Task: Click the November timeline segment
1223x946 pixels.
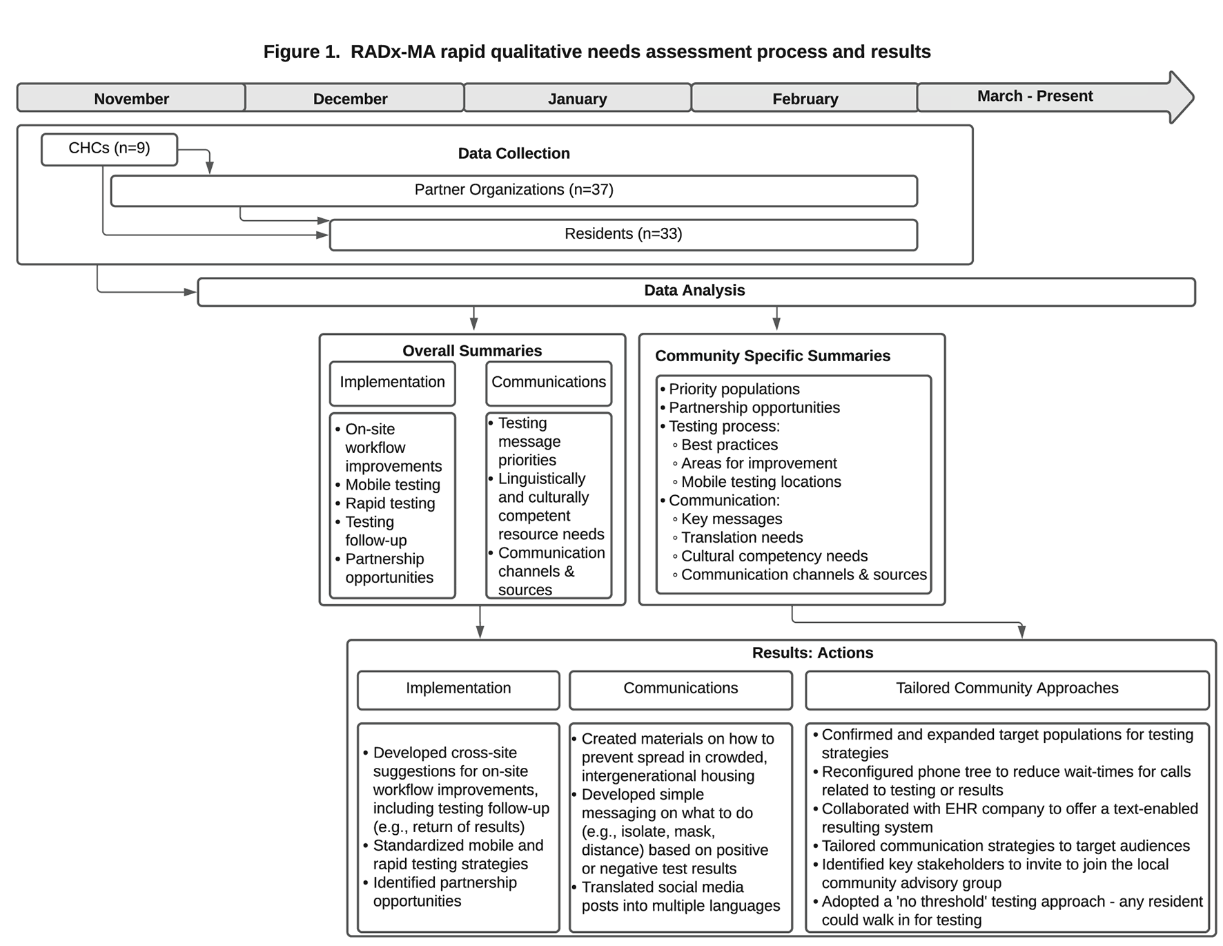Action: tap(131, 98)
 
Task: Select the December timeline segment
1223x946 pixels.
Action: tap(350, 98)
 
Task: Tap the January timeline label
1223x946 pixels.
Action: tap(577, 98)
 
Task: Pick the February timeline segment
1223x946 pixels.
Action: tap(805, 98)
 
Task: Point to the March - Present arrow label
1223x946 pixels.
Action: tap(1034, 96)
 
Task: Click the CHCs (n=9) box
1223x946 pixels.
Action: tap(109, 148)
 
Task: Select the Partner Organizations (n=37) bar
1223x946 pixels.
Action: tap(513, 190)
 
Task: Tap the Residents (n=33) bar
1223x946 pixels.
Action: tap(623, 234)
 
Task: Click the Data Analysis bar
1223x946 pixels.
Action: tap(694, 291)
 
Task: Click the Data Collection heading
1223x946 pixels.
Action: tap(513, 153)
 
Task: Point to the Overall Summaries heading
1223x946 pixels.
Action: tap(472, 351)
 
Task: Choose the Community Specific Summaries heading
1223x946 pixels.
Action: tap(772, 356)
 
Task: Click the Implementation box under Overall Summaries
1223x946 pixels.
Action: tap(392, 383)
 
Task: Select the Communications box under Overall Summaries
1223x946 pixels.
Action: tap(549, 383)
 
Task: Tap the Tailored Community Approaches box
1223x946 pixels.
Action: tap(1006, 688)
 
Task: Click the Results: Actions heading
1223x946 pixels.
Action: tap(812, 653)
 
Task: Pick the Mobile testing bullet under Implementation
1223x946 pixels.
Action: tap(392, 485)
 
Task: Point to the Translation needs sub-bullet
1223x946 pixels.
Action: tap(741, 538)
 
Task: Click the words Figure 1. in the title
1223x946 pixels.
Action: tap(301, 52)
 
